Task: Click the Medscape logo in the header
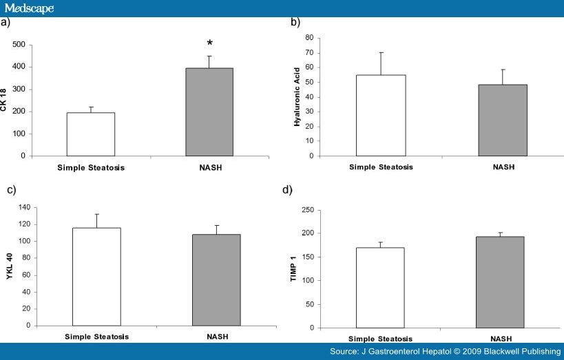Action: coord(29,8)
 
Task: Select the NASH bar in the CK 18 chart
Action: coord(209,112)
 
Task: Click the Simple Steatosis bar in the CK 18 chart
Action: coord(90,134)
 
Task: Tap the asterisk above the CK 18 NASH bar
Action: coord(209,44)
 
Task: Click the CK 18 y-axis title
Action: coord(5,100)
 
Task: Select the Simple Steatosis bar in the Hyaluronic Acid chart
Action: coord(381,115)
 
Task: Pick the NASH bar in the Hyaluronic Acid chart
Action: coord(502,120)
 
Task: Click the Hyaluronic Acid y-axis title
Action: coord(297,96)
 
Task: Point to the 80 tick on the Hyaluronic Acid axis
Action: coord(309,38)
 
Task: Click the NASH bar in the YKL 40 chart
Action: coord(216,279)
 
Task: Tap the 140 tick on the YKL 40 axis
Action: coord(23,207)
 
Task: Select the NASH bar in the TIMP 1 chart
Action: coord(500,282)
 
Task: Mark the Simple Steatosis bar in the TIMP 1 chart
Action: coord(380,288)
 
